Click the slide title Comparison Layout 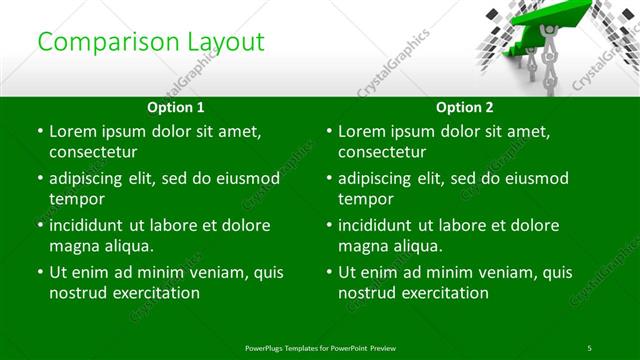pyautogui.click(x=151, y=42)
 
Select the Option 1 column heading pyautogui.click(x=176, y=107)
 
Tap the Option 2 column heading pyautogui.click(x=465, y=107)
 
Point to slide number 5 pyautogui.click(x=590, y=347)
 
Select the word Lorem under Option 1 pyautogui.click(x=73, y=131)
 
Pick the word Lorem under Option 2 pyautogui.click(x=362, y=131)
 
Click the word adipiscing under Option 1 pyautogui.click(x=92, y=178)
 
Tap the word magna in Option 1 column pyautogui.click(x=73, y=246)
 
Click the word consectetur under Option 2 pyautogui.click(x=382, y=152)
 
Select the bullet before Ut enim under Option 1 pyautogui.click(x=39, y=272)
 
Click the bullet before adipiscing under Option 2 pyautogui.click(x=328, y=178)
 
